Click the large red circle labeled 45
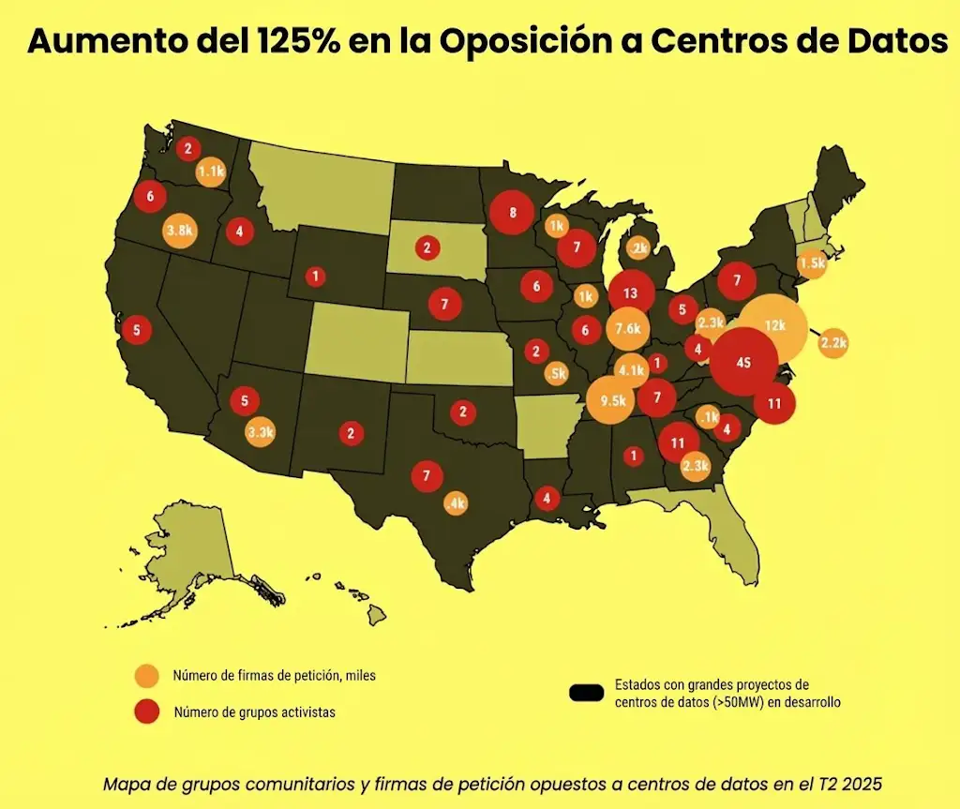click(x=744, y=363)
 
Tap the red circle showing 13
click(x=630, y=292)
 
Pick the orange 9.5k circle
click(x=607, y=401)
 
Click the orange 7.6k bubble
click(x=628, y=328)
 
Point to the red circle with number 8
click(x=513, y=213)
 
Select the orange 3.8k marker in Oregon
click(x=179, y=230)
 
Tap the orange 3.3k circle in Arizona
click(x=260, y=432)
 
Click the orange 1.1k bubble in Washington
click(x=210, y=172)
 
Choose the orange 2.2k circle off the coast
click(x=832, y=343)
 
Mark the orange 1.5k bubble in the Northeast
click(x=812, y=263)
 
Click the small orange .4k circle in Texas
click(x=457, y=503)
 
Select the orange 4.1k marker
click(x=632, y=370)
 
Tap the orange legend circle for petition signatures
click(x=147, y=676)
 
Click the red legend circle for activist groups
click(x=147, y=712)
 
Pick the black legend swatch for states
click(x=587, y=693)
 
